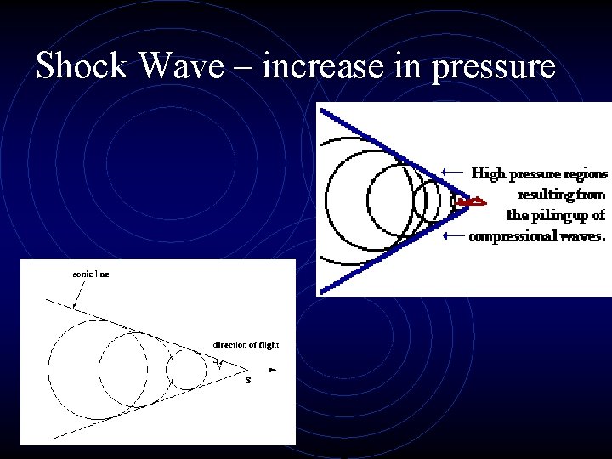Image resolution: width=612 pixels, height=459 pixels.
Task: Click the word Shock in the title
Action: (x=84, y=65)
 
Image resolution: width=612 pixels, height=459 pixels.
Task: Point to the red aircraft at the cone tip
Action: (x=470, y=202)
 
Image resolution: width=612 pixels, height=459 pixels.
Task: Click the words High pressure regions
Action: (x=540, y=173)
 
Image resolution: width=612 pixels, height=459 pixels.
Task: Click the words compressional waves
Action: (x=537, y=235)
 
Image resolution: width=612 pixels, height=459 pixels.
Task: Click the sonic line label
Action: (x=90, y=275)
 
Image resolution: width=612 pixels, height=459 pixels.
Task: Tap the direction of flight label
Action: (x=246, y=344)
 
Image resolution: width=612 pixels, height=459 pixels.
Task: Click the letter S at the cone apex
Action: (x=248, y=380)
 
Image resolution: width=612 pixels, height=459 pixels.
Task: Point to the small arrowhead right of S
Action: (x=272, y=370)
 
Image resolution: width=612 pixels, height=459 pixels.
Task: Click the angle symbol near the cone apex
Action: (x=218, y=363)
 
